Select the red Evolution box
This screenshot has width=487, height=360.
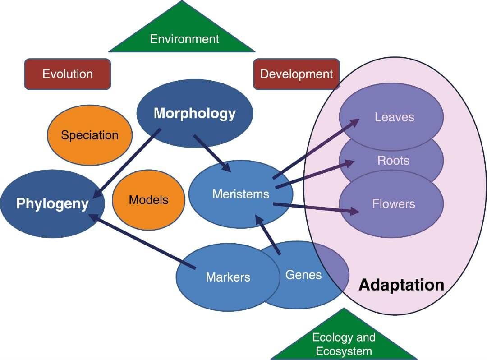point(68,74)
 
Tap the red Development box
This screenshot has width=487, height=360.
point(296,74)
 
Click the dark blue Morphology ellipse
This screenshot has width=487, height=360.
point(194,113)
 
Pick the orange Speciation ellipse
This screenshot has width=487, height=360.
point(90,135)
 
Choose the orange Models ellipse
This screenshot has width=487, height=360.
point(148,200)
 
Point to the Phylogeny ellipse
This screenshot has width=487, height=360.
point(52,203)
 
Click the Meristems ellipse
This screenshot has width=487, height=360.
point(240,194)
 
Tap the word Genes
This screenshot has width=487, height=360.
point(303,274)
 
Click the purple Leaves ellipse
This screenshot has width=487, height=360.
point(394,117)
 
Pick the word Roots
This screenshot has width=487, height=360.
point(393,161)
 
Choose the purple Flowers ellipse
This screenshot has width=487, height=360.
point(393,204)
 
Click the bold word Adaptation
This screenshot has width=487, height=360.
point(401,285)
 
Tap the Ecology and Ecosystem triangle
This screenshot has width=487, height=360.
point(344,341)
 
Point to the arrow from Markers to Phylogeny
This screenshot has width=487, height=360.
point(142,242)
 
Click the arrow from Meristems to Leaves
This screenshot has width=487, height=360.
point(316,149)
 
